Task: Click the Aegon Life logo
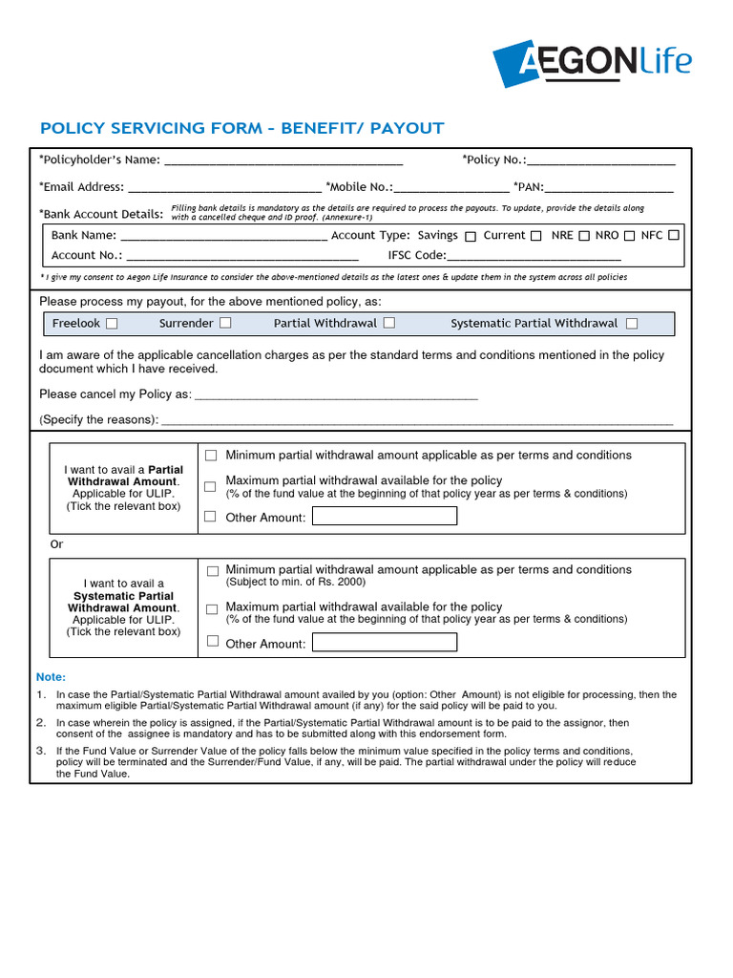pyautogui.click(x=592, y=62)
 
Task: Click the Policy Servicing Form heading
pyautogui.click(x=241, y=128)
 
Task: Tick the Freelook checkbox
pyautogui.click(x=112, y=324)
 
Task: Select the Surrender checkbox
pyautogui.click(x=225, y=324)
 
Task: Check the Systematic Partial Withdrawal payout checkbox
pyautogui.click(x=632, y=324)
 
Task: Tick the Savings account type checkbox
pyautogui.click(x=470, y=236)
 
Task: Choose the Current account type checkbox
pyautogui.click(x=535, y=236)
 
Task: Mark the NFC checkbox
pyautogui.click(x=674, y=235)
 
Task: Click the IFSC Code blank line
pyautogui.click(x=534, y=257)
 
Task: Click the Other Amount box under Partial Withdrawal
pyautogui.click(x=385, y=517)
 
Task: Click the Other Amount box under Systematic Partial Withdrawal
pyautogui.click(x=385, y=643)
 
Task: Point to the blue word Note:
pyautogui.click(x=52, y=677)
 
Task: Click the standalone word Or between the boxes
pyautogui.click(x=57, y=544)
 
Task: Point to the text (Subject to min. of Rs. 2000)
pyautogui.click(x=295, y=582)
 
